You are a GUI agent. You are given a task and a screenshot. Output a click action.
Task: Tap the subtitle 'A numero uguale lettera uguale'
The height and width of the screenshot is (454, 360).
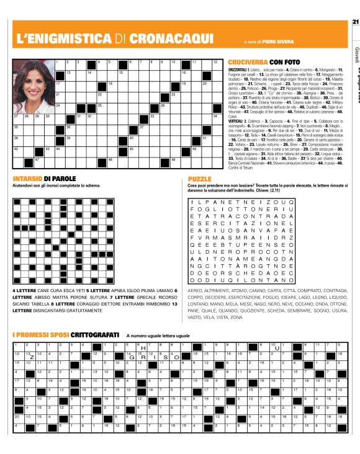(x=158, y=336)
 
